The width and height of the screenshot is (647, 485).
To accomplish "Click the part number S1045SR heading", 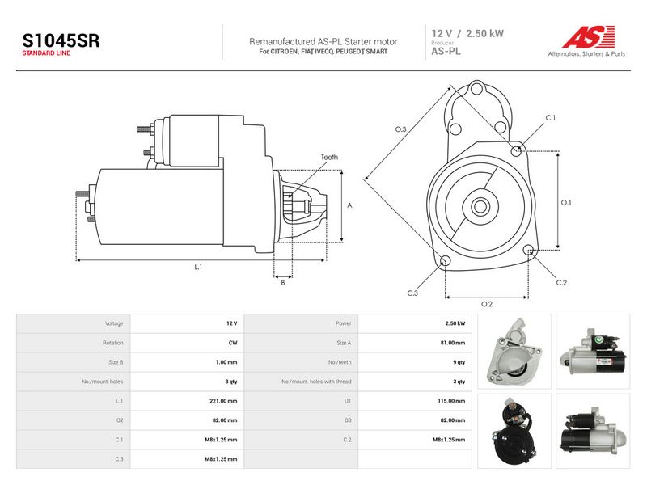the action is click(61, 41).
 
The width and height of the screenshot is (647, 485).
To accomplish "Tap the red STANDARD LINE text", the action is click(46, 53).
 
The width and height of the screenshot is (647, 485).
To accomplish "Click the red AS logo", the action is click(589, 36).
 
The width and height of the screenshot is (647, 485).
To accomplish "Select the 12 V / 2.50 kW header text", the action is click(467, 34).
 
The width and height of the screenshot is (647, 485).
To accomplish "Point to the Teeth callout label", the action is click(329, 157).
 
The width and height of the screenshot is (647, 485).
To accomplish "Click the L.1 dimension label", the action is click(198, 268).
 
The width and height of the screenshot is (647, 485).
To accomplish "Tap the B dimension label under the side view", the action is click(282, 283).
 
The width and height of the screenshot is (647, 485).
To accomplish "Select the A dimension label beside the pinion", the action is click(349, 205).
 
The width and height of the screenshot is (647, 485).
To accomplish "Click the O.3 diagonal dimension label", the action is click(400, 129).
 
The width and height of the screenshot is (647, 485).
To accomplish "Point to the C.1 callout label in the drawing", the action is click(551, 118).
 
